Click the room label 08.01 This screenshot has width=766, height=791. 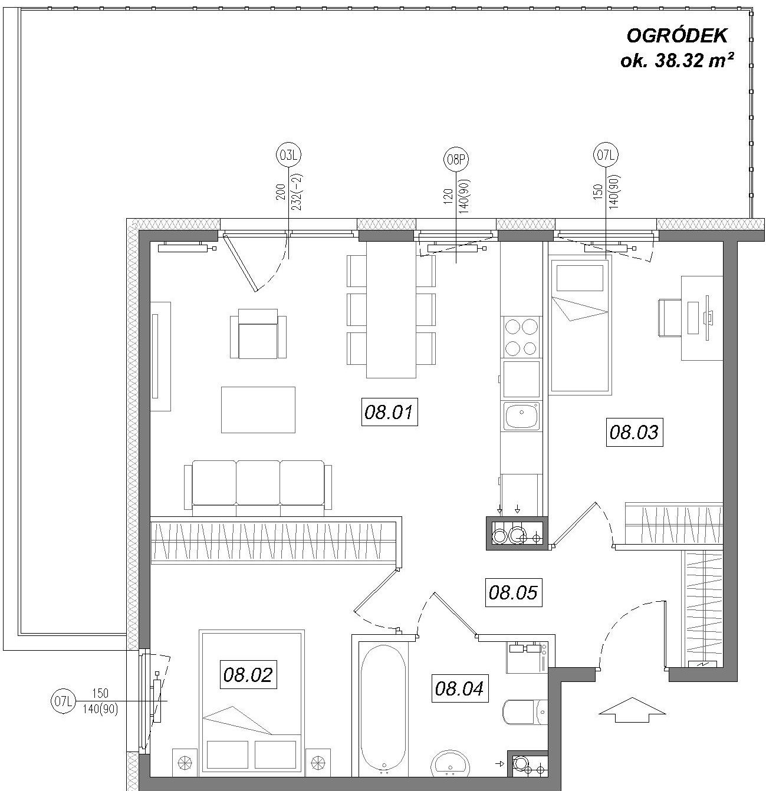coord(389,412)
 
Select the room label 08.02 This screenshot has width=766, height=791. coord(248,675)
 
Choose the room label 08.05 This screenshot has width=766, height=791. coord(514,592)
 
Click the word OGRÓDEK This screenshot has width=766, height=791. coord(676,36)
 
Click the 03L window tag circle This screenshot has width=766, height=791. coord(288,155)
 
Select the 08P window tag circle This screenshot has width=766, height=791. coord(456,159)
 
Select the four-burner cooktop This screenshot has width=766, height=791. coord(521,337)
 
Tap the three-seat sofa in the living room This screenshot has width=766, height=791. coord(258,488)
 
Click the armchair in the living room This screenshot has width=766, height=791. coord(258,333)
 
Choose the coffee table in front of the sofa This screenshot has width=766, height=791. coord(258,409)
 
